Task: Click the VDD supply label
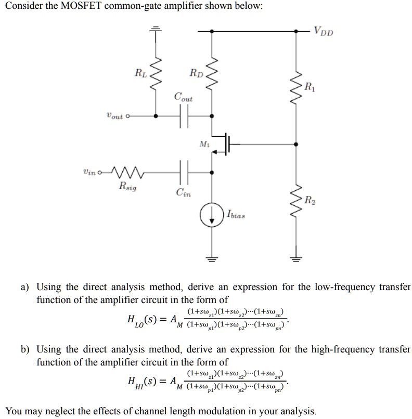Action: (323, 31)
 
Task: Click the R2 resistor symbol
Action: (297, 201)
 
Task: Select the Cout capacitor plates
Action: (183, 116)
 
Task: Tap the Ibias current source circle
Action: (212, 216)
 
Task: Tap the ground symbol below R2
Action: (297, 258)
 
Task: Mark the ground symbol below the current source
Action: (212, 258)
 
